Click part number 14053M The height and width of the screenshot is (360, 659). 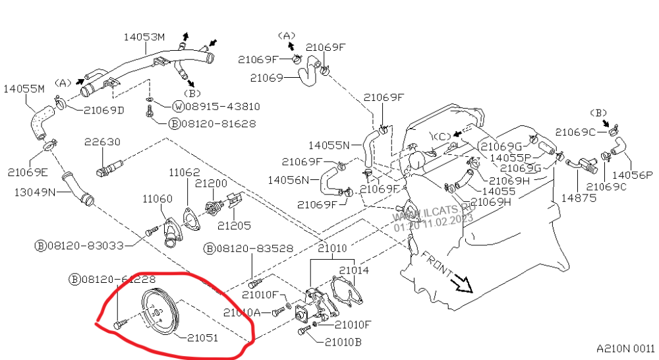coord(144,37)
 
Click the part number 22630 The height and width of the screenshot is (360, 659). coord(102,142)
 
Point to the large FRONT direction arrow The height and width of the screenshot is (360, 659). coord(461,282)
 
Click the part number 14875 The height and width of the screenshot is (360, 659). coord(578,197)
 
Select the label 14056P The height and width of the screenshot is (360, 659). coord(632,175)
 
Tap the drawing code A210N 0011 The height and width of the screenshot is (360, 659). coord(626,348)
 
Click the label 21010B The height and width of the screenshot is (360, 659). coord(343,342)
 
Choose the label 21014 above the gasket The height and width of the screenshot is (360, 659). coord(354,270)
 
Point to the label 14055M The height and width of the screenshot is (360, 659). coord(24,88)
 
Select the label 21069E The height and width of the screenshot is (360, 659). coord(28,172)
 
